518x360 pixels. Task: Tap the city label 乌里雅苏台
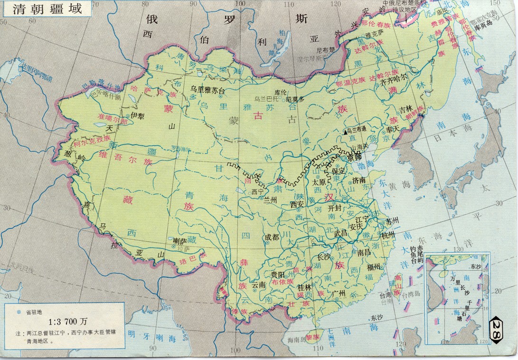(207, 89)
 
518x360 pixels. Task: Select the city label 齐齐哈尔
(394, 81)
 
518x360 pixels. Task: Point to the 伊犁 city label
(137, 115)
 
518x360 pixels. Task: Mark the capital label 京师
(354, 156)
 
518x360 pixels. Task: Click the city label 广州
(341, 293)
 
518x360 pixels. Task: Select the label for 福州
(374, 267)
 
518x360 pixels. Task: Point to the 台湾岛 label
(410, 294)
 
